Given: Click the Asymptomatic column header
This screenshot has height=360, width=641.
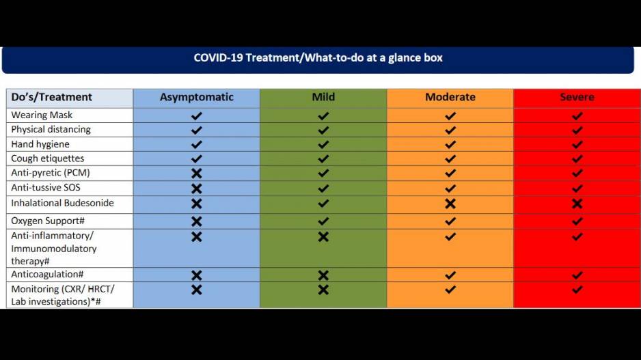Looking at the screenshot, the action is pyautogui.click(x=197, y=97).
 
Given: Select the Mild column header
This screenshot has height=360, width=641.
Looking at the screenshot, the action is pyautogui.click(x=323, y=97).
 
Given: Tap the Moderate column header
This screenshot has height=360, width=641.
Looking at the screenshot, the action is pyautogui.click(x=450, y=97).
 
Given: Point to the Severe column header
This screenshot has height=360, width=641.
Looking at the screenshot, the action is pyautogui.click(x=577, y=97).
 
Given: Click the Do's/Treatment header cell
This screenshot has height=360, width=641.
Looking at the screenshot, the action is pyautogui.click(x=51, y=97).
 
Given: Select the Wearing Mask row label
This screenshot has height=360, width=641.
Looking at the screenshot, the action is pyautogui.click(x=42, y=115).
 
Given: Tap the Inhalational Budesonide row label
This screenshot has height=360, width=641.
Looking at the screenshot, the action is pyautogui.click(x=63, y=203).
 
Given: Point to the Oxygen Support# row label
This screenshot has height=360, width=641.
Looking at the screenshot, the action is pyautogui.click(x=48, y=221).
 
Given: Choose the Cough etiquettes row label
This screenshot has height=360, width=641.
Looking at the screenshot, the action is pyautogui.click(x=48, y=158).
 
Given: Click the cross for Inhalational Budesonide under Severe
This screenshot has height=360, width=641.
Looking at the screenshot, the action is pyautogui.click(x=577, y=204).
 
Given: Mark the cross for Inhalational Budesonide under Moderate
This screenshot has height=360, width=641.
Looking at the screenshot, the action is pyautogui.click(x=450, y=204).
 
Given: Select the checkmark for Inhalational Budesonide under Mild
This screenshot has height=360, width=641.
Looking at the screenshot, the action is pyautogui.click(x=323, y=204).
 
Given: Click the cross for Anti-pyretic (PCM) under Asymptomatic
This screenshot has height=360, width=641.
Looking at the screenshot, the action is pyautogui.click(x=197, y=174).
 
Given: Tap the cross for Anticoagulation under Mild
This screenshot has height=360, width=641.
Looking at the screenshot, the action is pyautogui.click(x=323, y=275).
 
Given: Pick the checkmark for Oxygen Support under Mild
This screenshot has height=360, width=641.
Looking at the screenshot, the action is pyautogui.click(x=323, y=221).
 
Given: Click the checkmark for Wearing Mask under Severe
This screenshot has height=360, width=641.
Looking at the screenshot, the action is pyautogui.click(x=577, y=116).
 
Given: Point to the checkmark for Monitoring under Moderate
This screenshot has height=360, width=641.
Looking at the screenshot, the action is pyautogui.click(x=450, y=290).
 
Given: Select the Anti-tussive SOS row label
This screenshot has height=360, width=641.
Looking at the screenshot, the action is pyautogui.click(x=46, y=188).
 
